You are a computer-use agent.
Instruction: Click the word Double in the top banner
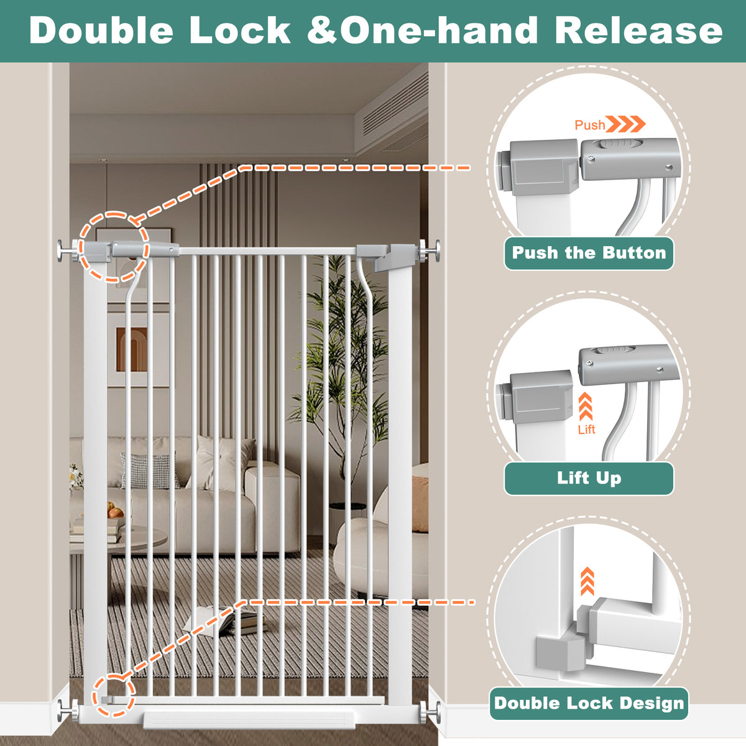[x=101, y=30]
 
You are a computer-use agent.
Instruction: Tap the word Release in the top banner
[x=639, y=30]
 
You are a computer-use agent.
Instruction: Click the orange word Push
[x=589, y=125]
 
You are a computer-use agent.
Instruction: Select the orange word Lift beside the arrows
[x=586, y=430]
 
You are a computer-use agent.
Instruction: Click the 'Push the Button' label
[x=589, y=253]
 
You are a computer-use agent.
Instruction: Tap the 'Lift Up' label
[x=589, y=477]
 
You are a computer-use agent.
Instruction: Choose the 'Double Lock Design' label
[x=589, y=703]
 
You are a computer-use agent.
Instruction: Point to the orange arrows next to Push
[x=625, y=124]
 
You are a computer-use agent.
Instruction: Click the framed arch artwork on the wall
[x=132, y=349]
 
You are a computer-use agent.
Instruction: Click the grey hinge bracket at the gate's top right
[x=381, y=257]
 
